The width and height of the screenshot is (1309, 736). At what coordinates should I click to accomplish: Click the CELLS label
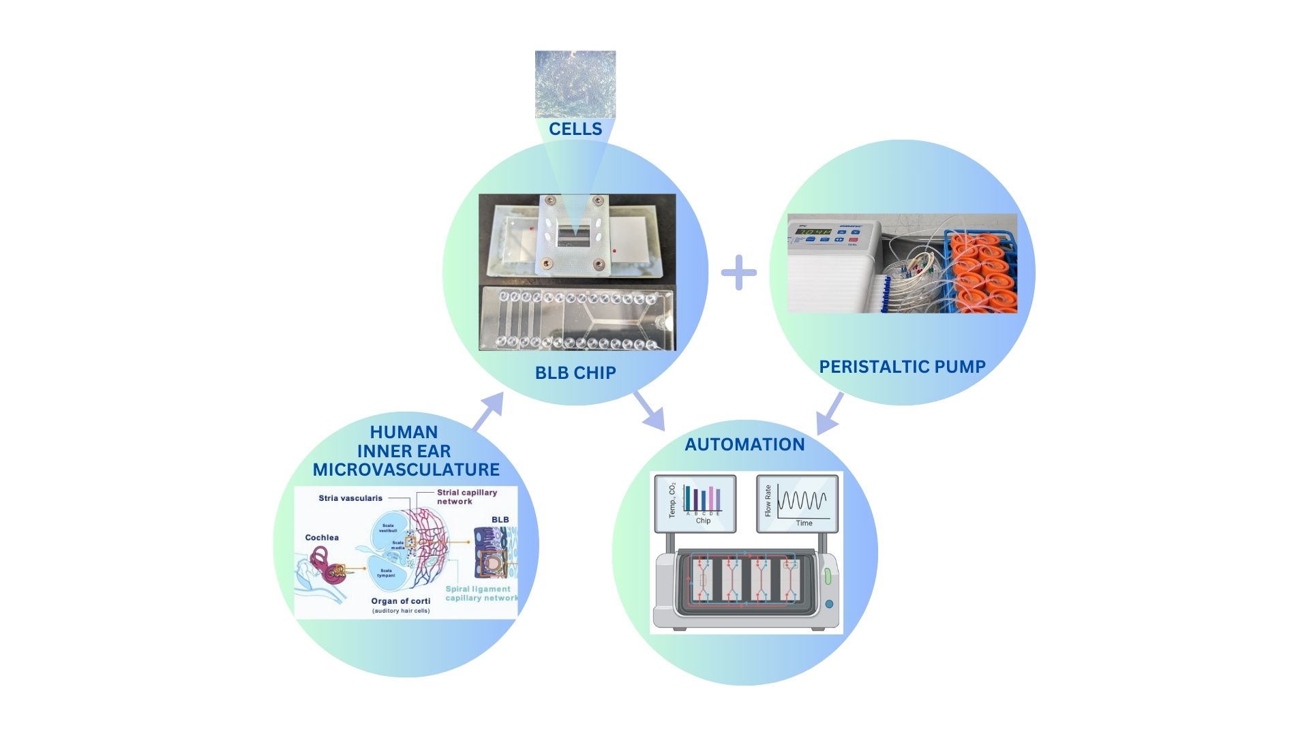point(575,129)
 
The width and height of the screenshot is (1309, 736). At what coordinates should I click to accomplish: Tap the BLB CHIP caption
point(575,373)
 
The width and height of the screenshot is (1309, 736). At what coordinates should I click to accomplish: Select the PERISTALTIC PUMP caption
point(902,367)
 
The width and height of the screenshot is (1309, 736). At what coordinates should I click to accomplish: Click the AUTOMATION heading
point(744,444)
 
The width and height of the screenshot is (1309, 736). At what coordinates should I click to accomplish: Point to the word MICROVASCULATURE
point(406,470)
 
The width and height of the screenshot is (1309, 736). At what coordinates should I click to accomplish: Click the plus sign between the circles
point(739,273)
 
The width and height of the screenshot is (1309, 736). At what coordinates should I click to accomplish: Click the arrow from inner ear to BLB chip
point(488,411)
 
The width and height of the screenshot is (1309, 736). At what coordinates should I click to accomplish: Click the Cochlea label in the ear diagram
point(322,538)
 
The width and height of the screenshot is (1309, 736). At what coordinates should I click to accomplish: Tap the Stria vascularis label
point(350,498)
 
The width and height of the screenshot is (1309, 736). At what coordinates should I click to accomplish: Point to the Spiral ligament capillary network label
point(481,594)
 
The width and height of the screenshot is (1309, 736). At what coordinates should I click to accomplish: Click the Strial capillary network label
point(467,497)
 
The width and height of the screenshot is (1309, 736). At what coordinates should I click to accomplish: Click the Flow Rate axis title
point(768,501)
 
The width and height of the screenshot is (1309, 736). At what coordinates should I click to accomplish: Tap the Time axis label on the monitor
point(804,523)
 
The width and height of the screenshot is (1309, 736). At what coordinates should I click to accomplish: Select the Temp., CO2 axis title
point(672,501)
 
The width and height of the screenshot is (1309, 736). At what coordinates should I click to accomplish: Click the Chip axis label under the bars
point(703,521)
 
